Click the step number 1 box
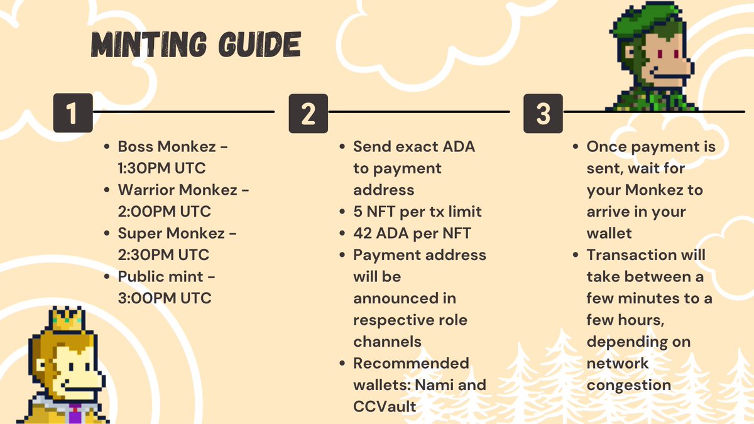(73, 113)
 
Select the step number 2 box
(308, 113)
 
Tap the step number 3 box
(543, 113)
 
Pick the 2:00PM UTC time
(165, 211)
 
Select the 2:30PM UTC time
(165, 254)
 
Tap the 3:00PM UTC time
(165, 298)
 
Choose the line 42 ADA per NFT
(412, 233)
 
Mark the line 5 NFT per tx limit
(418, 212)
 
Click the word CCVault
(385, 406)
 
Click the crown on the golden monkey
(67, 318)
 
